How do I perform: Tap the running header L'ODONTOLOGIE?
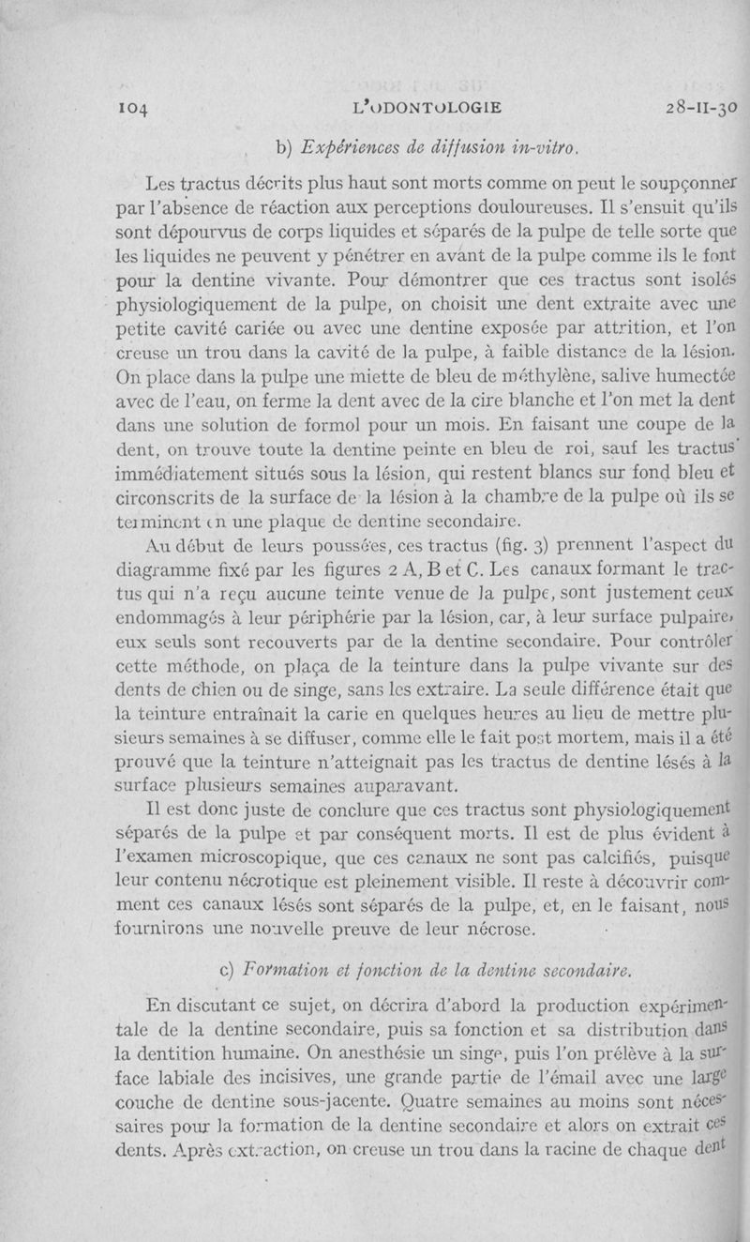pos(413,107)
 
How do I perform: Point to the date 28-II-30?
pos(687,107)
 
